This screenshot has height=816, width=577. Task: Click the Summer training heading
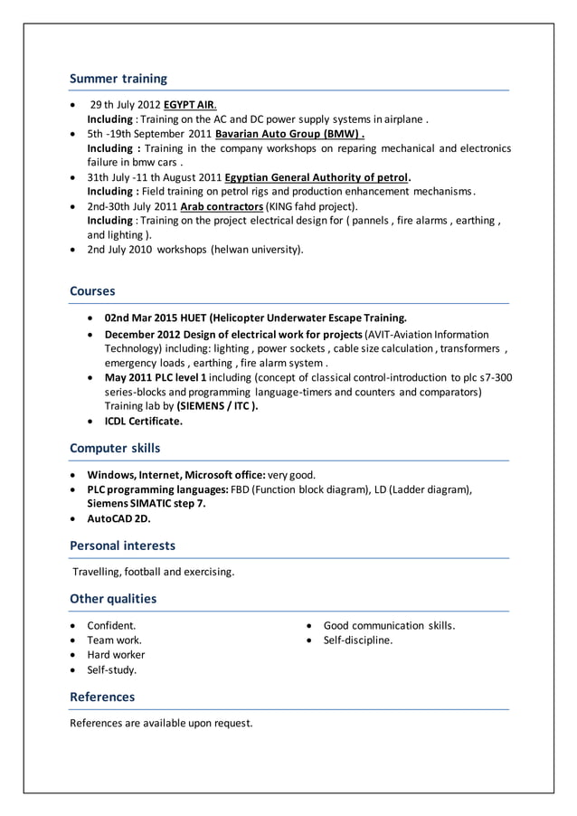(118, 79)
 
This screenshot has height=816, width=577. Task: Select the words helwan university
(257, 249)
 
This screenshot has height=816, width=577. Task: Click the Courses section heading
(92, 291)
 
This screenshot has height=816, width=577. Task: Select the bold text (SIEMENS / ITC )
(217, 406)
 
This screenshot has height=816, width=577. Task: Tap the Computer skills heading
(115, 448)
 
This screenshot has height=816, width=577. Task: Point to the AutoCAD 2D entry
(118, 518)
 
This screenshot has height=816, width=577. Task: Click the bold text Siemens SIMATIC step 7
(146, 504)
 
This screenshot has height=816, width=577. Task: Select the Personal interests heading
(122, 546)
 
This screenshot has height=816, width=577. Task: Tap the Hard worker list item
(116, 654)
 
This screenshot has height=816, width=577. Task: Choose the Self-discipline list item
(358, 640)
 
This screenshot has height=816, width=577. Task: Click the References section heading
(102, 697)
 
